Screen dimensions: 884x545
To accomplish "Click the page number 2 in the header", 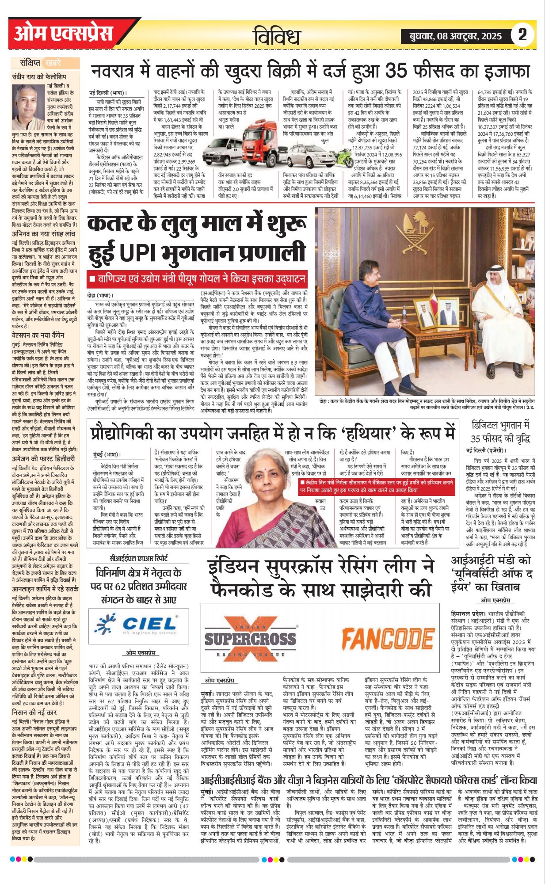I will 522,34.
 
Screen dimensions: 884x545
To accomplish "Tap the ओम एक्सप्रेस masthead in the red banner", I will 63,34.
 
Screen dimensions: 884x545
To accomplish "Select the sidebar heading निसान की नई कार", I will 34,713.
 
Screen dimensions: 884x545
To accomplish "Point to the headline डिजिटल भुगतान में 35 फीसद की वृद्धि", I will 500,431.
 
